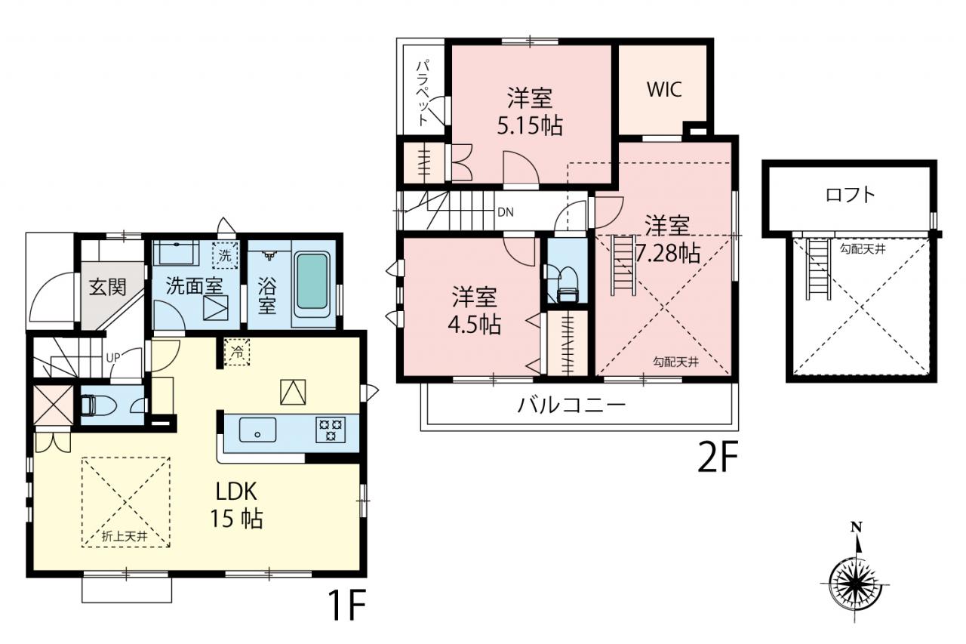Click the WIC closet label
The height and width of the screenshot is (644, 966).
pos(664,89)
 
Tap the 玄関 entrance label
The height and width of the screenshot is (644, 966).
pos(108,287)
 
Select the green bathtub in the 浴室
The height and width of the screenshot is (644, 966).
pos(312,282)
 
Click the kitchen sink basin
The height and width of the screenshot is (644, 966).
pos(258,429)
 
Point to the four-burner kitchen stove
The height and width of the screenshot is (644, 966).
pos(331,429)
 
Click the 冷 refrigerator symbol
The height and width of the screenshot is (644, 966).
pos(237,353)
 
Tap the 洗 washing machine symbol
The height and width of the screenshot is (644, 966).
pos(225,256)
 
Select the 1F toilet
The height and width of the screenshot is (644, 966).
pos(97,405)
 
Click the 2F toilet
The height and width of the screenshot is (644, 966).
pos(568,285)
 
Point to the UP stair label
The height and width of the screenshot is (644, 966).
pos(113,357)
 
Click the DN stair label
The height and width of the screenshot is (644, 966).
pos(506,212)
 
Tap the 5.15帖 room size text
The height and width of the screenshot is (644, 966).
pos(530,126)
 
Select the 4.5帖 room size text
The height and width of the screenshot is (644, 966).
pos(475,325)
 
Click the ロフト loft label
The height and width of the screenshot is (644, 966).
pos(851,195)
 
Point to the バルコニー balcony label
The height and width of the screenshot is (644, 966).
pos(571,405)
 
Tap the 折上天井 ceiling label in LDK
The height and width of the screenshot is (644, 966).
pos(125,536)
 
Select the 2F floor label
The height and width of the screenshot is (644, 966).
pos(718,457)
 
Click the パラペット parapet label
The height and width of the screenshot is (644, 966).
pos(424,94)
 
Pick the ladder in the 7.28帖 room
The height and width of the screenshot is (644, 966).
pos(623,265)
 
